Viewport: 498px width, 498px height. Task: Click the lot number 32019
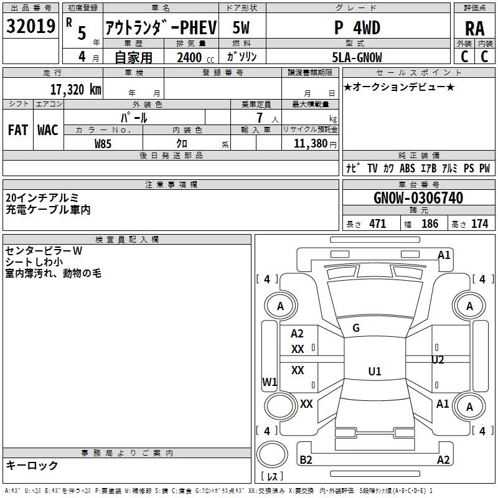click(x=31, y=26)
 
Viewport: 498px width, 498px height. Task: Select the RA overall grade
click(x=475, y=29)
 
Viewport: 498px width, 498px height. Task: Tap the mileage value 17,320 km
click(x=75, y=90)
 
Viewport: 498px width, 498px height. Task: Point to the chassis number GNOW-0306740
click(x=418, y=198)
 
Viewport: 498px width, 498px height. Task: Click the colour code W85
click(x=103, y=144)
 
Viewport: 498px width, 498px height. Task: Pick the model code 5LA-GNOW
click(x=357, y=57)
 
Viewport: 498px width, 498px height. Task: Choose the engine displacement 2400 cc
click(x=195, y=57)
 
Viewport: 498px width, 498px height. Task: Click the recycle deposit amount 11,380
click(x=311, y=143)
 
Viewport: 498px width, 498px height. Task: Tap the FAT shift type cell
click(x=18, y=130)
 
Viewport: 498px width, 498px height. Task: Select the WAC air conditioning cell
click(x=48, y=130)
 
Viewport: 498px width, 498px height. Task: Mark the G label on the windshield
click(x=356, y=328)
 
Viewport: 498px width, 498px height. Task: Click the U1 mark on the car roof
click(x=375, y=371)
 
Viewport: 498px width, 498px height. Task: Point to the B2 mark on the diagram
click(x=306, y=459)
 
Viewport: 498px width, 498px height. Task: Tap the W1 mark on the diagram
click(x=270, y=382)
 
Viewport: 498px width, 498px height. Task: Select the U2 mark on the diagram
click(x=438, y=360)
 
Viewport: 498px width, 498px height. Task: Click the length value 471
click(x=378, y=223)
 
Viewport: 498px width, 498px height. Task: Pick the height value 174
click(x=479, y=223)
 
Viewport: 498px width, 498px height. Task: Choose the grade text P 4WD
click(x=357, y=28)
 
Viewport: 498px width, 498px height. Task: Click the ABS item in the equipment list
click(x=407, y=168)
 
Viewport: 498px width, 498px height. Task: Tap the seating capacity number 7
click(x=260, y=118)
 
